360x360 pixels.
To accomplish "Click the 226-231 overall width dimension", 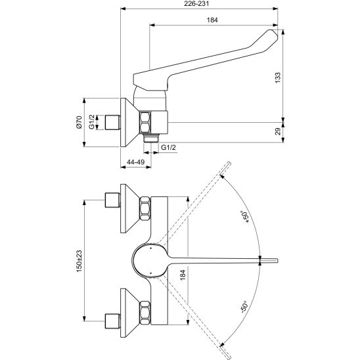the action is point(197,4).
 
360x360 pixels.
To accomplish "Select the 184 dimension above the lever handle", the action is point(212,20).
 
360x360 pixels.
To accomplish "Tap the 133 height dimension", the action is point(278,78).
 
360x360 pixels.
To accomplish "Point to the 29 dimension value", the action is point(278,131).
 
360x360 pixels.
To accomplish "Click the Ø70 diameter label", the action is point(79,122).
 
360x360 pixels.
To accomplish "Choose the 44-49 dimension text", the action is point(136,162).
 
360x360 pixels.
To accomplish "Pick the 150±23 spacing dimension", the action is point(79,261).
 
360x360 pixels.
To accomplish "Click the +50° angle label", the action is point(244,217).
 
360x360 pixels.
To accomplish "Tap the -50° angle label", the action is point(244,307).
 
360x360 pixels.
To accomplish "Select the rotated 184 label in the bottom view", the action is point(183,275).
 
